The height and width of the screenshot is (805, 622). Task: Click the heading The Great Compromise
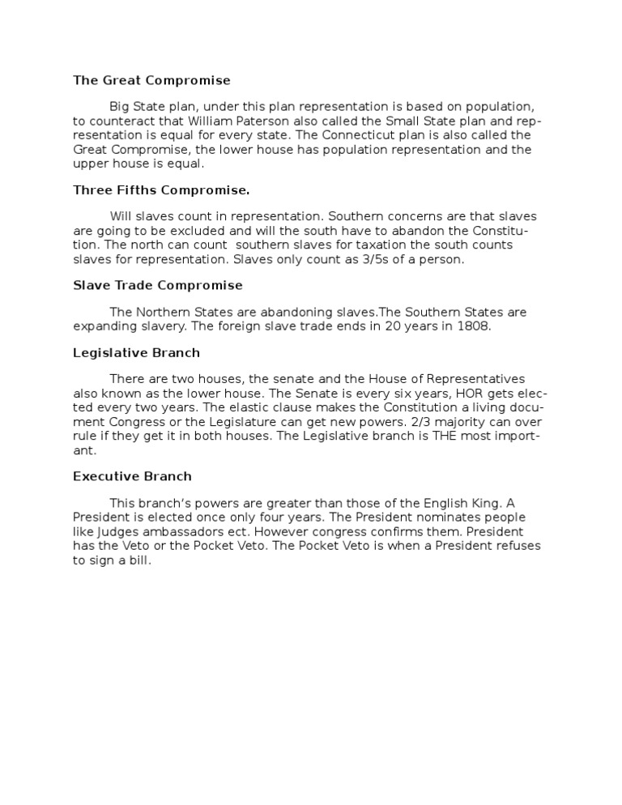click(151, 80)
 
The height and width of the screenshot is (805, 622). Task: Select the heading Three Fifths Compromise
click(161, 190)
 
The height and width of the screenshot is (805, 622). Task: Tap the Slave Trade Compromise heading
click(158, 285)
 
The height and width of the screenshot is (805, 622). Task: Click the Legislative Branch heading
click(136, 353)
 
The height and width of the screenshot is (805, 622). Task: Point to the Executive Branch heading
click(132, 476)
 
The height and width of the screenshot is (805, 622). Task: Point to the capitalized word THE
click(445, 437)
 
